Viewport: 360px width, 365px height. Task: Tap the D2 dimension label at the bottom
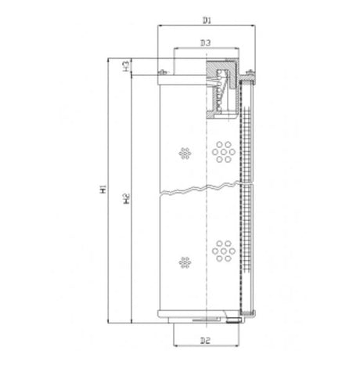click(x=205, y=341)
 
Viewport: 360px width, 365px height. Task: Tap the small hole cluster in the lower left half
click(x=185, y=260)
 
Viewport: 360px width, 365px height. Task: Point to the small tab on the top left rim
click(x=163, y=74)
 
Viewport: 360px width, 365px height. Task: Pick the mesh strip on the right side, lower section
click(x=248, y=251)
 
